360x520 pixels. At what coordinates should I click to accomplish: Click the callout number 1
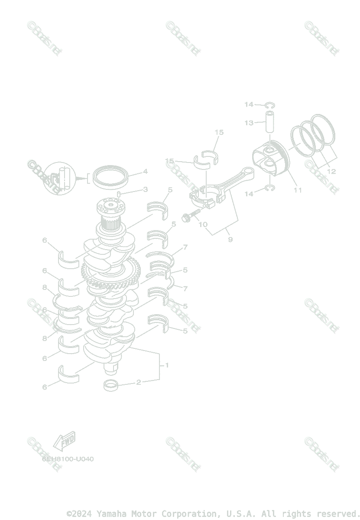tap(167, 365)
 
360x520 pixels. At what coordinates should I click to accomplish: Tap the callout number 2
tap(139, 382)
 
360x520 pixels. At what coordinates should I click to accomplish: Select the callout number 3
tap(146, 189)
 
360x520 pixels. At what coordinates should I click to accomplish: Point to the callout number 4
tap(146, 172)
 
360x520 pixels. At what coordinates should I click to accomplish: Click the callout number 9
tap(230, 239)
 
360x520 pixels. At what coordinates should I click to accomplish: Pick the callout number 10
tap(202, 224)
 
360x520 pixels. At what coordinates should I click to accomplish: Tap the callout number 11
tap(298, 190)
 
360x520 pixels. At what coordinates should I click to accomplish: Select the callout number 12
tap(331, 172)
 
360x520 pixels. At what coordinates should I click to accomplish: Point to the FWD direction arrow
tap(64, 441)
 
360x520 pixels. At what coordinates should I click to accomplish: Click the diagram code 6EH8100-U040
tap(68, 459)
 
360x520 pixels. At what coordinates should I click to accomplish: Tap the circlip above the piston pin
tap(270, 104)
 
